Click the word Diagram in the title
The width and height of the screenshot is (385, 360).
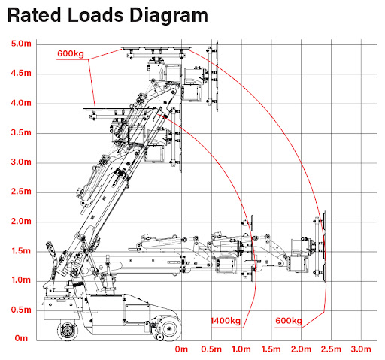168,16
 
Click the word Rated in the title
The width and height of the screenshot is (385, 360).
35,14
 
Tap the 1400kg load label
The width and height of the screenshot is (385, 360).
226,321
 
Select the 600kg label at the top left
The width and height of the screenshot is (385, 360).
71,53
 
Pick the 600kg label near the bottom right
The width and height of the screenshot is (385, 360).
289,321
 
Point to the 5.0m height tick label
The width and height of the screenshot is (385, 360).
21,44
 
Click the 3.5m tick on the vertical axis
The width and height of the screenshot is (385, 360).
21,132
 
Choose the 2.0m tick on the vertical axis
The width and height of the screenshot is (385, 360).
21,221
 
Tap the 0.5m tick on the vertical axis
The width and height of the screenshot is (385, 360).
21,310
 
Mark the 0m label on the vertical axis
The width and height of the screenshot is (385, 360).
21,338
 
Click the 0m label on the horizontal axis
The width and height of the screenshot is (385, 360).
181,349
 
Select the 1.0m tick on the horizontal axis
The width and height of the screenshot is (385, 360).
241,349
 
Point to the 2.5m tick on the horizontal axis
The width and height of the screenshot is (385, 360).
331,349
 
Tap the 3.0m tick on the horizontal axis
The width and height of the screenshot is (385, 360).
361,349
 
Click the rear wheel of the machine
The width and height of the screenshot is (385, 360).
67,331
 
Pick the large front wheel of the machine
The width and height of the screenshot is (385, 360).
169,328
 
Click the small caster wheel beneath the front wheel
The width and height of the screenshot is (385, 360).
159,337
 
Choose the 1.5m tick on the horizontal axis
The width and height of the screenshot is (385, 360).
271,349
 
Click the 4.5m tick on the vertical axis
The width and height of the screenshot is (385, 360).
21,73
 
